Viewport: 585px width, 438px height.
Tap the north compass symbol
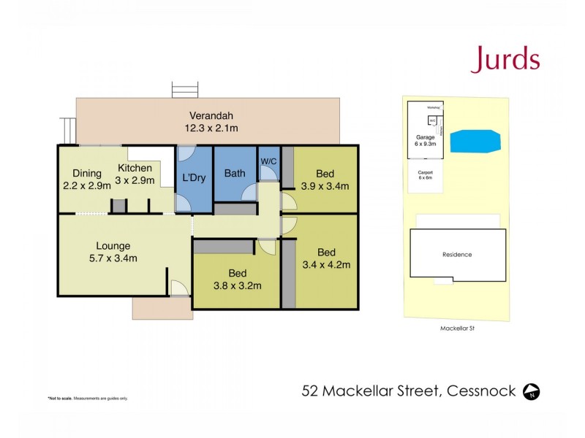[532, 392]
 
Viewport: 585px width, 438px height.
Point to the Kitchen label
[135, 169]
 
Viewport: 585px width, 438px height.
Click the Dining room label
[87, 173]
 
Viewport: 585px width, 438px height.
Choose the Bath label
[235, 173]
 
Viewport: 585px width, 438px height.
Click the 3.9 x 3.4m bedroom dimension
[325, 185]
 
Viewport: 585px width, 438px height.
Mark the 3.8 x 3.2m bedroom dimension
[237, 285]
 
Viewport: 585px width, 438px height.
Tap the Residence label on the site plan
[457, 255]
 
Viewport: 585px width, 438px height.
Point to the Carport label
[425, 172]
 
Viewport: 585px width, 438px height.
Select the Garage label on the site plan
[426, 137]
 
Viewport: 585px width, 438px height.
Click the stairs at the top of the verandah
[185, 90]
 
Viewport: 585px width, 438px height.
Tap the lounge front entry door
[178, 288]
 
